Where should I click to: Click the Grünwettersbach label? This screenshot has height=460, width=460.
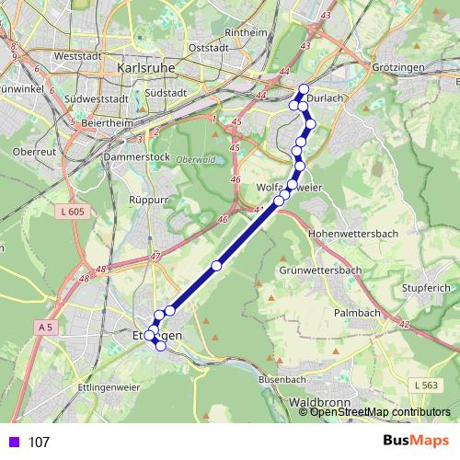pos(319,270)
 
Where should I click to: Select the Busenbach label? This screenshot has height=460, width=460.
pos(282,379)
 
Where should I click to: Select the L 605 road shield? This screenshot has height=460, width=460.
pos(69,213)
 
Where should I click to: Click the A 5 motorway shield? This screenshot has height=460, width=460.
pos(46,327)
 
